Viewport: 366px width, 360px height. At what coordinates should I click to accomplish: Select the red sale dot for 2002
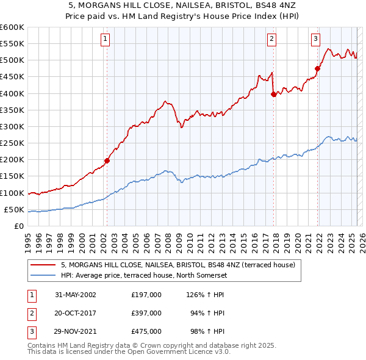(107, 160)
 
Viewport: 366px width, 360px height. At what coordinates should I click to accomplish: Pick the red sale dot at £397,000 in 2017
(273, 94)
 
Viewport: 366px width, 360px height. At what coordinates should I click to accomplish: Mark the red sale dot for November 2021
(318, 68)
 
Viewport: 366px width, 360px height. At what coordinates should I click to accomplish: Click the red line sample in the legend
(44, 265)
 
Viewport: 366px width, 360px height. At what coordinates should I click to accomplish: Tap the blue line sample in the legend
(44, 275)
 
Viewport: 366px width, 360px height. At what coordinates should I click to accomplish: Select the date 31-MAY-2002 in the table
(76, 295)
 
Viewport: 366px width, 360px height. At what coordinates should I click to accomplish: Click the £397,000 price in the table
(146, 313)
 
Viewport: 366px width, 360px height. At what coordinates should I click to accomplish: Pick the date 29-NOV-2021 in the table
(76, 331)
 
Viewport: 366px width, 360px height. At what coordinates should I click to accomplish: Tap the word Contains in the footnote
(43, 345)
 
